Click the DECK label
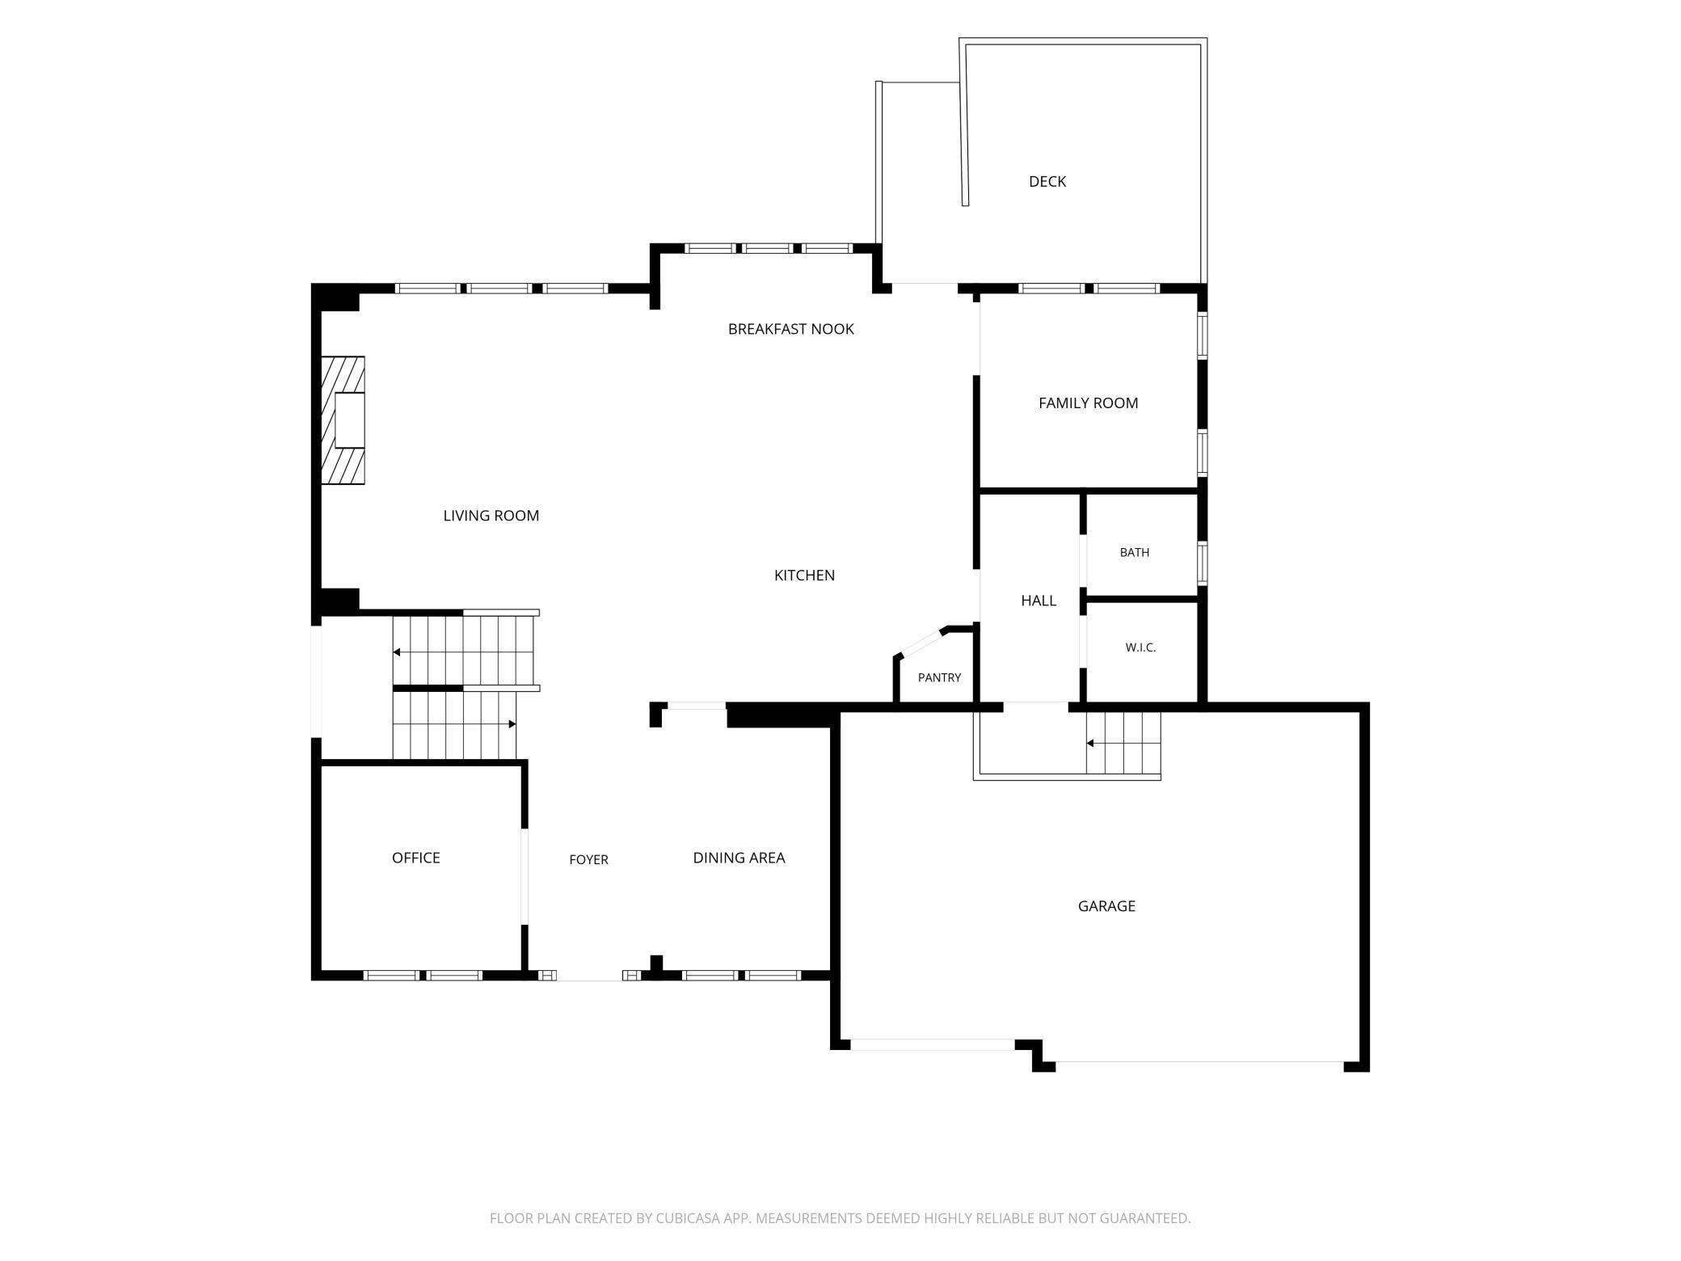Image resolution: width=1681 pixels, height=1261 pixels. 1047,182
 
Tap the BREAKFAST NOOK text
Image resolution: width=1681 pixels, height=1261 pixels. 790,329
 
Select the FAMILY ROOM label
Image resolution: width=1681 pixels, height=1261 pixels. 1088,403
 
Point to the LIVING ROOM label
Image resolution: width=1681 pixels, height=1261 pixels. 491,516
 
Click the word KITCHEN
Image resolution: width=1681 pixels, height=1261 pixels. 804,576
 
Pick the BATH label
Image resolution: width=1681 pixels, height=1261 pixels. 1134,553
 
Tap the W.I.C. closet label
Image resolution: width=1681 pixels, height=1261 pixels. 1140,647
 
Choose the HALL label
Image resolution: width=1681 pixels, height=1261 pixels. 1039,601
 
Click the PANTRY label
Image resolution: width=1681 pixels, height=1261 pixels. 939,677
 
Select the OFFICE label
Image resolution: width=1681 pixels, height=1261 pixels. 415,858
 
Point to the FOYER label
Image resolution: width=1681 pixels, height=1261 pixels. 588,860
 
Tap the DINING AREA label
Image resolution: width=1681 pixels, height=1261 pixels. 739,858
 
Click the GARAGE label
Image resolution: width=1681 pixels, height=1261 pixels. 1106,906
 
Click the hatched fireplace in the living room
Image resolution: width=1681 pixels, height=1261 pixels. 343,420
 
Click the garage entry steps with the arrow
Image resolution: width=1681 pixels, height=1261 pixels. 1123,743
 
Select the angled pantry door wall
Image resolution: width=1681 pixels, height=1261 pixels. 921,642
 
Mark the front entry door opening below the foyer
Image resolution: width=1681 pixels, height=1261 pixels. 589,976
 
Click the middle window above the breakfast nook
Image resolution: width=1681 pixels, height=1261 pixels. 767,248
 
